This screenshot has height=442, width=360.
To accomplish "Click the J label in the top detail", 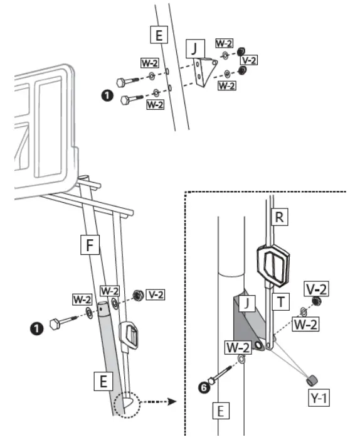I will click(196, 47).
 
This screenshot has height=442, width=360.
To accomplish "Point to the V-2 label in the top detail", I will click(249, 60).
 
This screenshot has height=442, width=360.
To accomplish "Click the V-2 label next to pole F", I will click(156, 293).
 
